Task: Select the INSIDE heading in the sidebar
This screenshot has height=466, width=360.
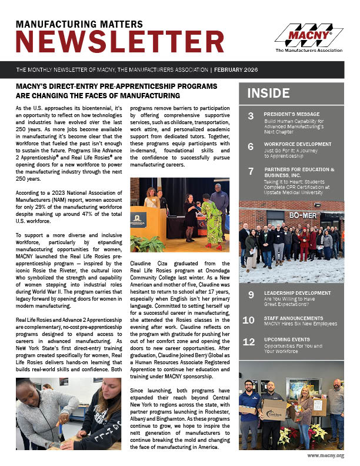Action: click(x=268, y=93)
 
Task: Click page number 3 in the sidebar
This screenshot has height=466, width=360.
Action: click(x=251, y=115)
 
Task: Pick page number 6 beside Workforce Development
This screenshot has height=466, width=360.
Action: click(x=251, y=147)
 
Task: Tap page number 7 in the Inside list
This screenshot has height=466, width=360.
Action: click(x=251, y=171)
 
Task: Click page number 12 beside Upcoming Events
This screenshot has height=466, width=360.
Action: click(x=249, y=342)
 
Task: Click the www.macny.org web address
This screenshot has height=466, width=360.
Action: click(x=325, y=455)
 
